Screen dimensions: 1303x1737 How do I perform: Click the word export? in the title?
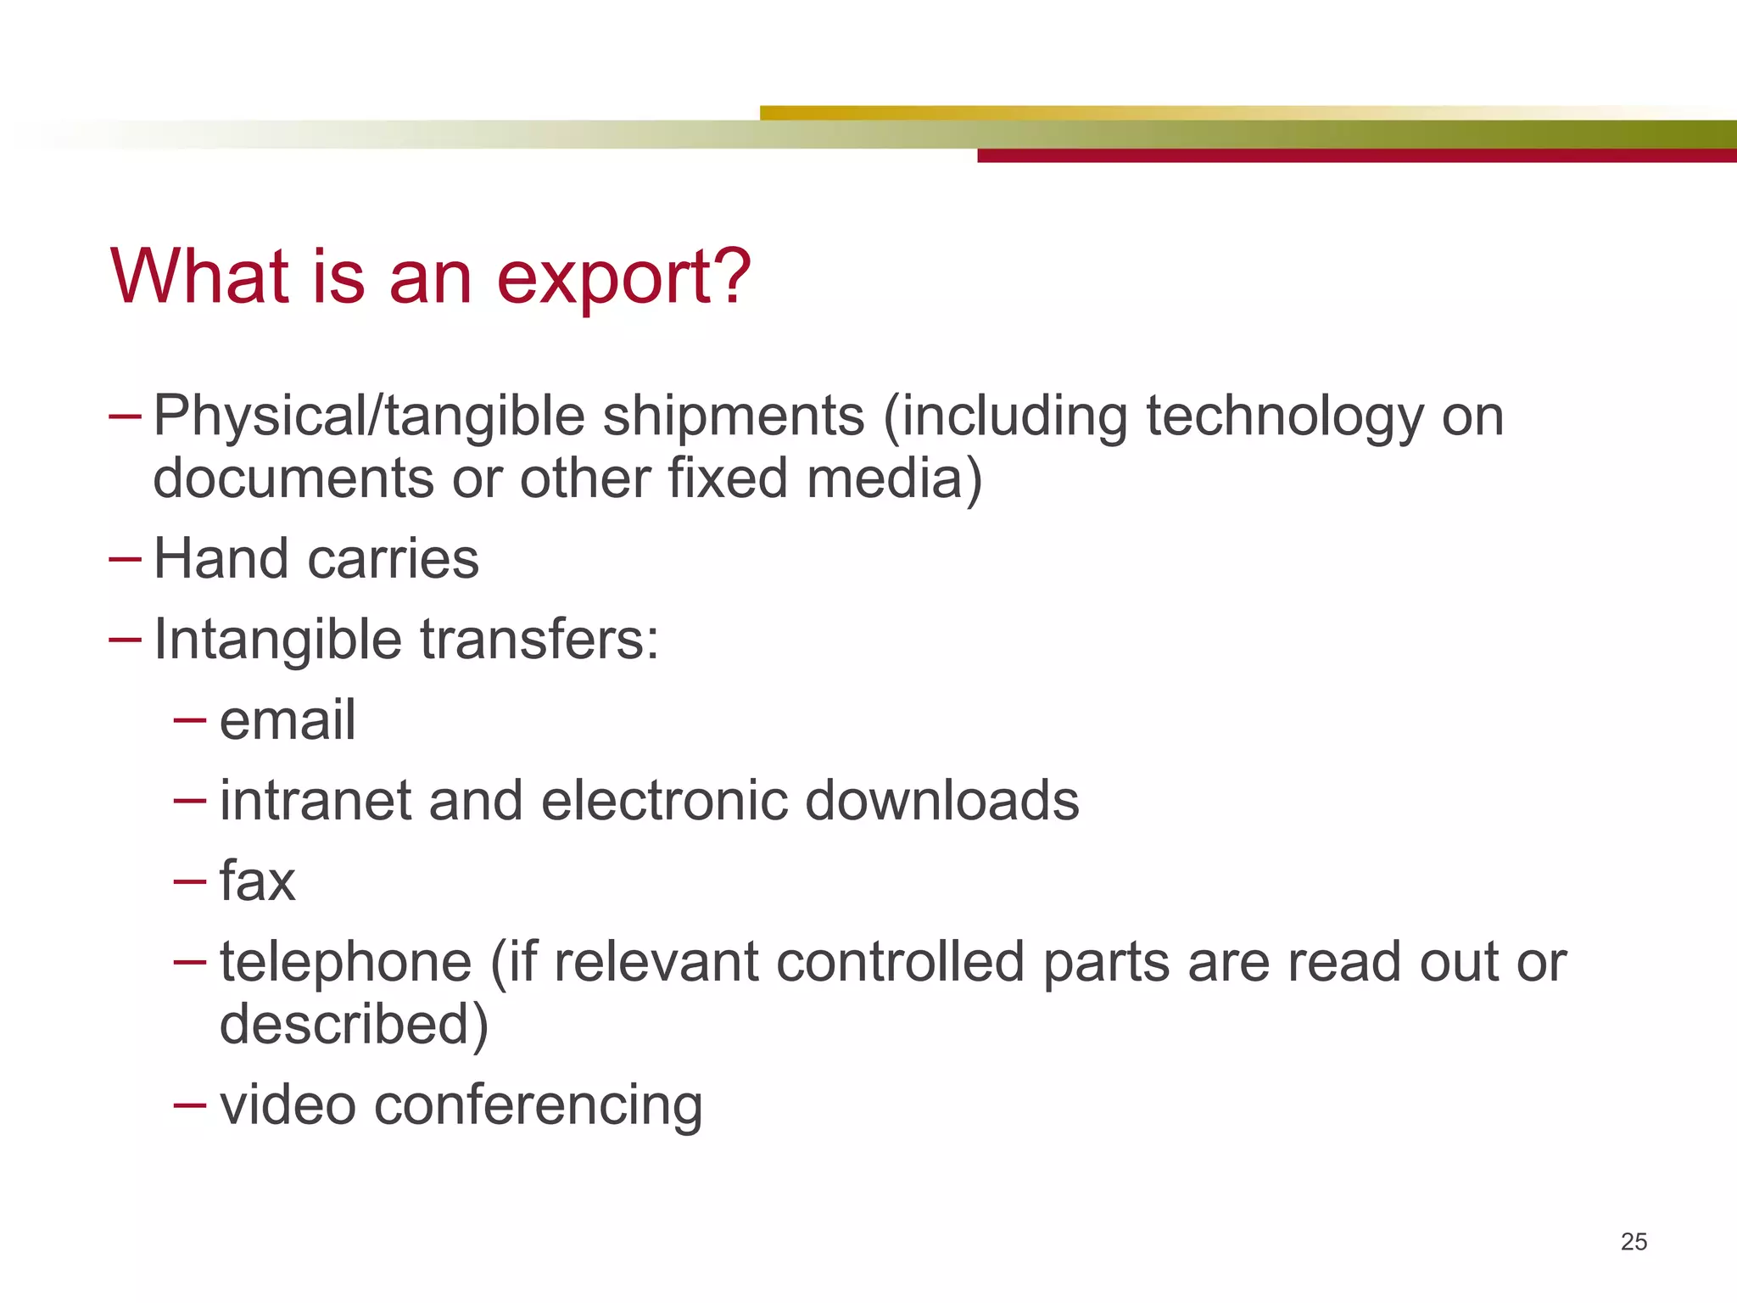(623, 278)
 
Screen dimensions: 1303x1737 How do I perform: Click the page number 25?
(1634, 1242)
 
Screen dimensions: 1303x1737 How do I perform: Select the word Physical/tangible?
(369, 417)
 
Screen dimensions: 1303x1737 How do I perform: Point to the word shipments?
(734, 417)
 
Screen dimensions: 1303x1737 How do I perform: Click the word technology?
(1284, 417)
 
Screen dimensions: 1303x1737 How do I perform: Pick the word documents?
(293, 478)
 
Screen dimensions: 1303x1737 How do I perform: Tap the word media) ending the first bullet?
(894, 478)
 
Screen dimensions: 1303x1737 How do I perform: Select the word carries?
(394, 559)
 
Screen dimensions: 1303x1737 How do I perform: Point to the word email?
(287, 720)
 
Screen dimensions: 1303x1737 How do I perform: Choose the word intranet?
(315, 801)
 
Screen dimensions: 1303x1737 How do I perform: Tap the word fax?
(257, 881)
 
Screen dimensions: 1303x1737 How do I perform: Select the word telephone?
(345, 963)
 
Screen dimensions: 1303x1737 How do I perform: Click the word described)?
(354, 1024)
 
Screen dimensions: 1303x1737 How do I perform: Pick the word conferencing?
(538, 1105)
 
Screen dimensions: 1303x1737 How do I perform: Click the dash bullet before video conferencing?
(189, 1105)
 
